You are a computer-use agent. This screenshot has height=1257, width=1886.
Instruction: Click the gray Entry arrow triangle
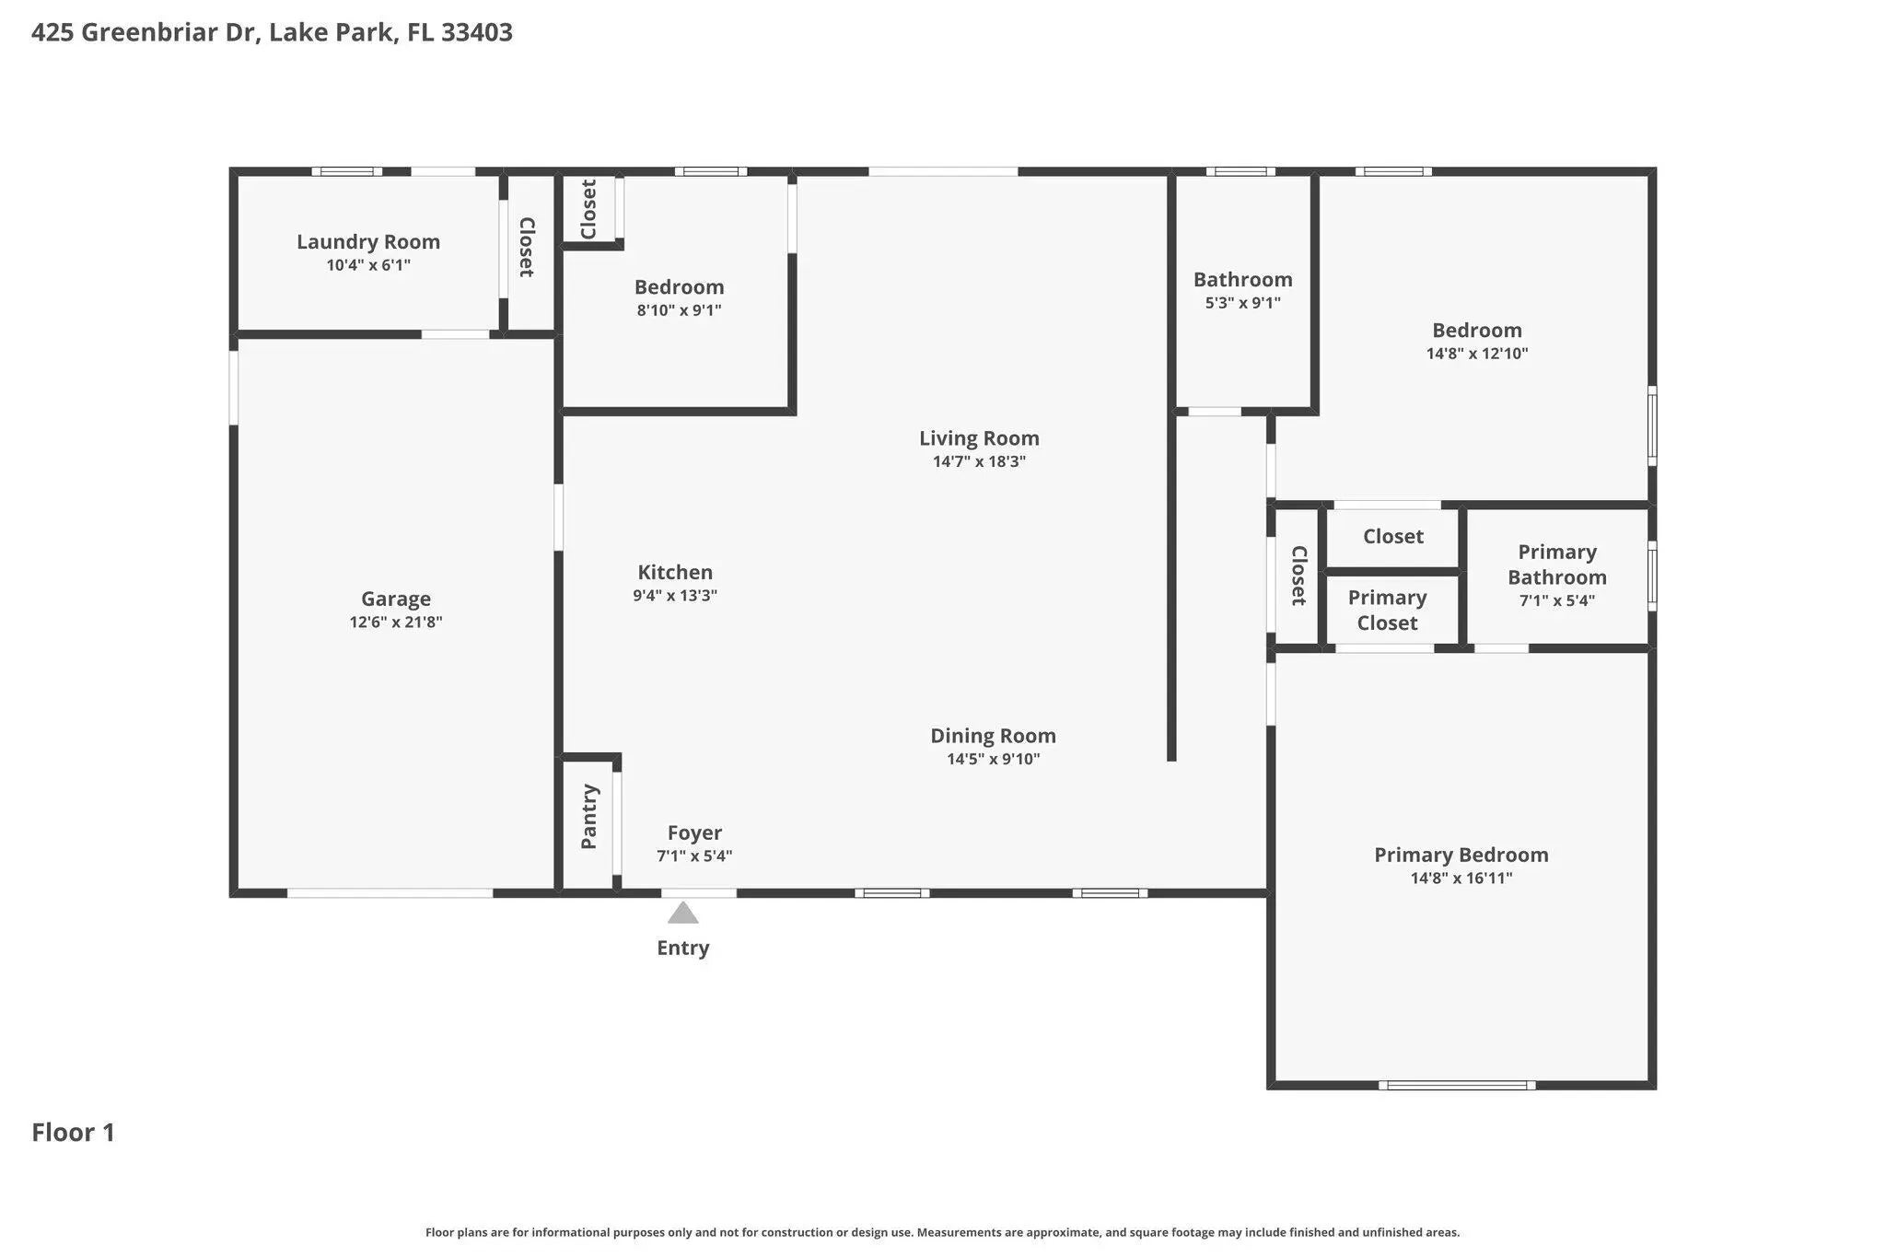[682, 913]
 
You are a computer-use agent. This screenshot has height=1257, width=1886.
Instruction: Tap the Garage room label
[396, 599]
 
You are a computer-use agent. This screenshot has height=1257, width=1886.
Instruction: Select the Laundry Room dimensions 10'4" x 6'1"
[368, 265]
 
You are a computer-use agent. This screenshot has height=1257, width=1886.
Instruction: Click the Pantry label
[589, 817]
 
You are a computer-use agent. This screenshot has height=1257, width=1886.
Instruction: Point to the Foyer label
[694, 833]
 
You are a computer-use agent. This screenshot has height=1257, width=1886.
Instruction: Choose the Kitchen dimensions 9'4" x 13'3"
[675, 596]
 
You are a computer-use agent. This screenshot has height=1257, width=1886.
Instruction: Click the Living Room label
[979, 438]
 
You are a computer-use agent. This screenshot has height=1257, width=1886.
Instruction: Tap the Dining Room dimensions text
[994, 759]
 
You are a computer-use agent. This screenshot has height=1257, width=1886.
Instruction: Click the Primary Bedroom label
[1461, 855]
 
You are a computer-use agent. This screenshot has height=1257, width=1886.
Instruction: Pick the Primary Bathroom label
[1557, 564]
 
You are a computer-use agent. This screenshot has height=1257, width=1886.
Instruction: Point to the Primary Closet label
[1388, 610]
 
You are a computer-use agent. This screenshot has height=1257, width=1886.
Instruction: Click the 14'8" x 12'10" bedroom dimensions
[1477, 354]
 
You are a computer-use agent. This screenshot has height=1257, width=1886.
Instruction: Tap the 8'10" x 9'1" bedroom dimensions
[680, 310]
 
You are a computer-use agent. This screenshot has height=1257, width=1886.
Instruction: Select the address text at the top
[272, 33]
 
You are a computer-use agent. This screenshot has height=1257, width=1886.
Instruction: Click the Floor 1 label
[74, 1133]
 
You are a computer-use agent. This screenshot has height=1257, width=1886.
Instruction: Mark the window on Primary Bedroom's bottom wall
[1457, 1086]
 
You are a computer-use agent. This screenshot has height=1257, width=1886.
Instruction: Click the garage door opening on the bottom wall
[390, 893]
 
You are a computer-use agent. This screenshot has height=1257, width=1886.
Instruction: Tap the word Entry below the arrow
[682, 949]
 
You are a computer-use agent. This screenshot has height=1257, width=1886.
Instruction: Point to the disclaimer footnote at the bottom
[942, 1232]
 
